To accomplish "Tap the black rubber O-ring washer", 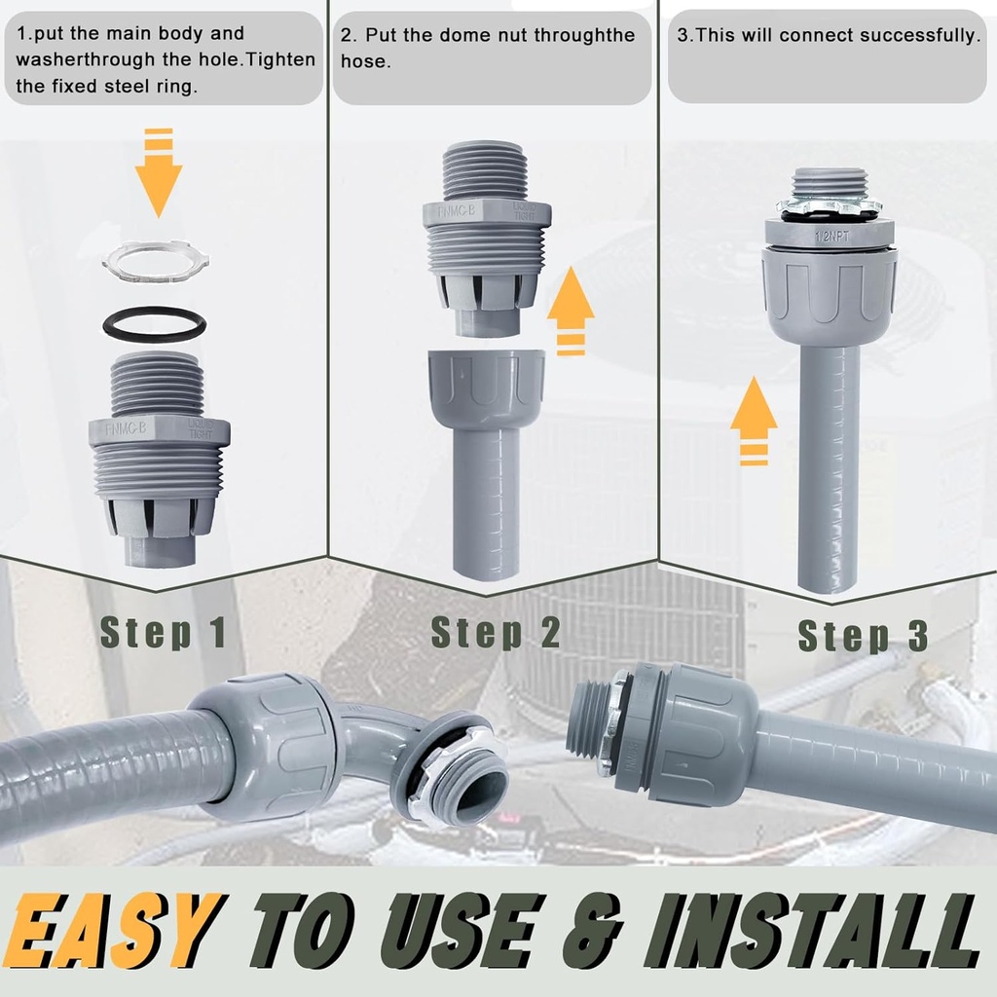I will (x=155, y=323).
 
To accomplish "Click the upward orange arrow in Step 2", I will (x=571, y=310).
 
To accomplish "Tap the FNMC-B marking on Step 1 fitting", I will (x=127, y=425).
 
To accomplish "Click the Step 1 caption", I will (x=164, y=632).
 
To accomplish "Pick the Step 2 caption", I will (x=496, y=632).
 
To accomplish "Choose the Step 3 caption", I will (x=863, y=636).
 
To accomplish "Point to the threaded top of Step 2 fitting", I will (x=486, y=172).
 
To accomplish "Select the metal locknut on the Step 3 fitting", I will (x=829, y=206).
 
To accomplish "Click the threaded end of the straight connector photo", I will (x=588, y=719).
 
